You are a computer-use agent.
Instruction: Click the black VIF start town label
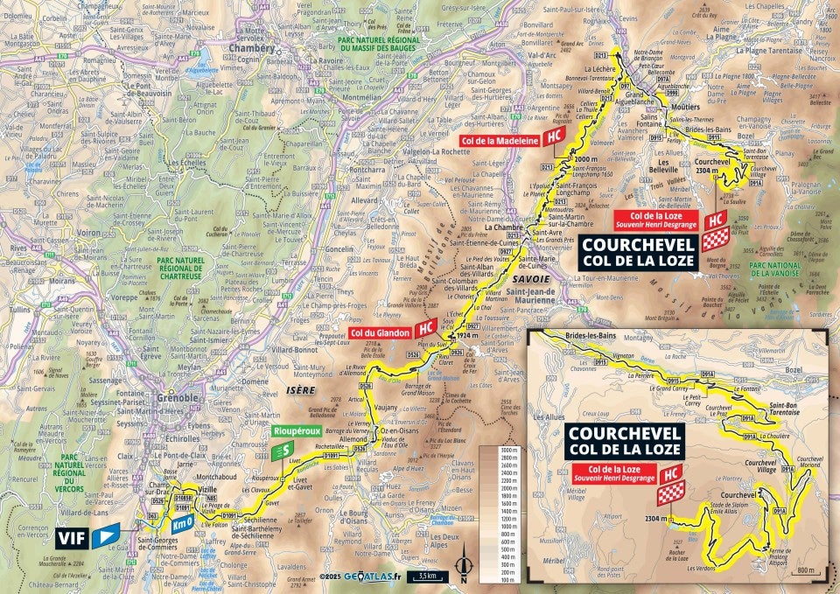tap(73, 538)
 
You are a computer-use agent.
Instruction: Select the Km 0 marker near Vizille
tap(181, 525)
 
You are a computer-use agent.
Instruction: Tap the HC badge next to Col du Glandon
tap(425, 328)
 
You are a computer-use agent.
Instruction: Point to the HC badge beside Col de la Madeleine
tap(552, 137)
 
